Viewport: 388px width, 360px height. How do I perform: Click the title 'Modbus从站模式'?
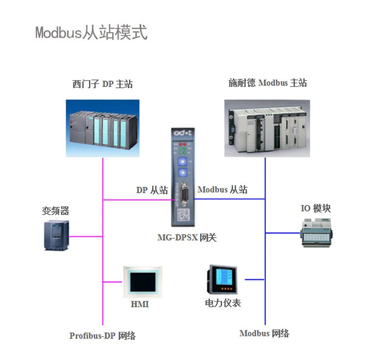click(x=91, y=33)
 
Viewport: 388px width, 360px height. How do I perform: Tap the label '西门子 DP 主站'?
click(x=102, y=84)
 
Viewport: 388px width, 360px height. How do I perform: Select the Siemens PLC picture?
click(x=103, y=128)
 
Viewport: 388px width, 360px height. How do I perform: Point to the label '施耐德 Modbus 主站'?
click(x=267, y=83)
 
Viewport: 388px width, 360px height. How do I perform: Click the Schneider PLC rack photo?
click(x=267, y=128)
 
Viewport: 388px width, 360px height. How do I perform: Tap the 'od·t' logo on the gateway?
click(x=183, y=133)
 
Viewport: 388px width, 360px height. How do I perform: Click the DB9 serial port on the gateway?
click(x=184, y=194)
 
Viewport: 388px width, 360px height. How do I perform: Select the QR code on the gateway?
click(x=183, y=215)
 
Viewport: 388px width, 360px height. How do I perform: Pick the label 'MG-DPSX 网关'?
click(x=187, y=237)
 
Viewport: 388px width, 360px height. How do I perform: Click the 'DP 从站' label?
click(x=152, y=190)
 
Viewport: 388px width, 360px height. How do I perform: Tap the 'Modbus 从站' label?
click(x=222, y=189)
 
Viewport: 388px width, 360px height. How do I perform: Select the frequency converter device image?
click(x=56, y=235)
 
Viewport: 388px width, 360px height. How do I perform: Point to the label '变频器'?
click(x=55, y=211)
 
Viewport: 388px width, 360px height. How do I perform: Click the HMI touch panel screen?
click(x=143, y=282)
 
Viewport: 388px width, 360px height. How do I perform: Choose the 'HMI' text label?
click(x=140, y=304)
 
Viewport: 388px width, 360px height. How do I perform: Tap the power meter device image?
click(x=222, y=280)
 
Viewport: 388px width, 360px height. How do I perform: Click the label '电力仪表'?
click(x=223, y=303)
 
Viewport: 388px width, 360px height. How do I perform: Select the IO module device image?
click(x=316, y=233)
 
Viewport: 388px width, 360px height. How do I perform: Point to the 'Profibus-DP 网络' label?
click(x=102, y=336)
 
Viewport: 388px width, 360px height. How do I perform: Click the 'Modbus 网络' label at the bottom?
click(x=264, y=333)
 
